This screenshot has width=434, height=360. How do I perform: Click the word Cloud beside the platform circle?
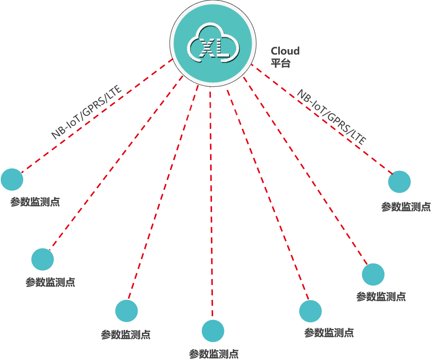285,51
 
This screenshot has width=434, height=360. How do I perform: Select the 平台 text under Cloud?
280,63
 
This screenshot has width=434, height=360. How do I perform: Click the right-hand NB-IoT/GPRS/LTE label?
331,117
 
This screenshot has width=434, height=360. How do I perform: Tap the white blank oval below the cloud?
213,113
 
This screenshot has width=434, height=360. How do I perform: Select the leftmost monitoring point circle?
12,179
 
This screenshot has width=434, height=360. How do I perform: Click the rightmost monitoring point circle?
399,182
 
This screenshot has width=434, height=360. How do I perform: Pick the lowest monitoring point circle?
213,330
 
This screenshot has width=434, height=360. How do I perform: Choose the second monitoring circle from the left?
42,259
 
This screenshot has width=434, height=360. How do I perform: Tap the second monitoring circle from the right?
373,274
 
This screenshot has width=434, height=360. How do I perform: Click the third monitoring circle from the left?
126,310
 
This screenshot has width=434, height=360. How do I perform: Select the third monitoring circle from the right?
310,311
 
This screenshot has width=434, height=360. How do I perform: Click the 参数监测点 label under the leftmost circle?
35,202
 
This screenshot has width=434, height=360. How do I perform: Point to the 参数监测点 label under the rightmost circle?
406,207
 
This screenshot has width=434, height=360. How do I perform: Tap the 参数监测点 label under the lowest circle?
214,353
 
